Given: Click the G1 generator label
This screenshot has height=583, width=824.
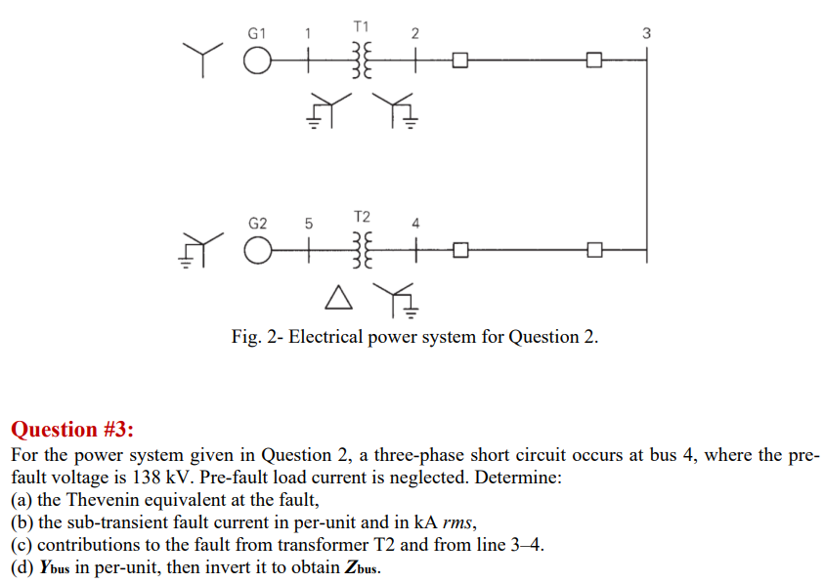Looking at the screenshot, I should click(257, 33).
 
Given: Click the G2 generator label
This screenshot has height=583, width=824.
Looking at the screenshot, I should click(257, 223).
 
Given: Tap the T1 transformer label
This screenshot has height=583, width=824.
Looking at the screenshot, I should click(361, 26).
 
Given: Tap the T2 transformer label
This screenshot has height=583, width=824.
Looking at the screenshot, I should click(361, 216).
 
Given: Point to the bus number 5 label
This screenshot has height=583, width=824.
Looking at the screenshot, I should click(309, 223).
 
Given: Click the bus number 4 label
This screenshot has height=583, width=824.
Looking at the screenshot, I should click(415, 223).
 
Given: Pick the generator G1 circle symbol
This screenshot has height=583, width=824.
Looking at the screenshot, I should click(256, 62).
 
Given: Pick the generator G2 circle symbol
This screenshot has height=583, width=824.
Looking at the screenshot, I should click(256, 251).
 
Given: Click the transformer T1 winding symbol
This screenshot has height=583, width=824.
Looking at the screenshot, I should click(361, 62).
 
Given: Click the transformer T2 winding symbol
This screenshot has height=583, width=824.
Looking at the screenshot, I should click(361, 251).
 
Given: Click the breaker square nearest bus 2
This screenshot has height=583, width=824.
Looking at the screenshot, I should click(459, 62).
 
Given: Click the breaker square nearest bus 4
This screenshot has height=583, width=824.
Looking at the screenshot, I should click(459, 251).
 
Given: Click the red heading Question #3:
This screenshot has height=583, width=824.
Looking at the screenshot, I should click(72, 430).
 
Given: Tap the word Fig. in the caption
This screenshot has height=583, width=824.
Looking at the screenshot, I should click(246, 337).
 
